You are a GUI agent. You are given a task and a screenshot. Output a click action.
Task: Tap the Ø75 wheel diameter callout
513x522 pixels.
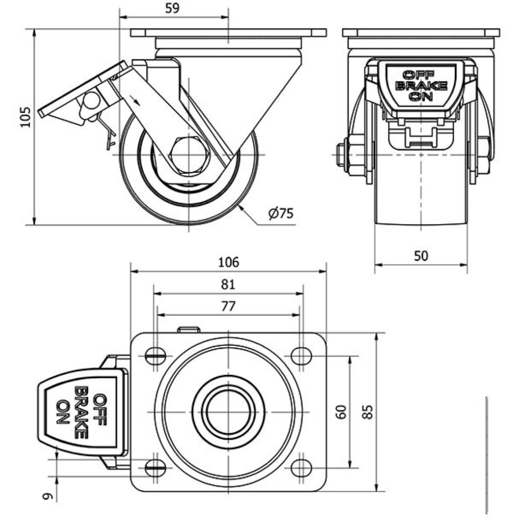[x=281, y=213]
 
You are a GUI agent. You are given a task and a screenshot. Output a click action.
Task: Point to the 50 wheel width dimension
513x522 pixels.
[x=421, y=256]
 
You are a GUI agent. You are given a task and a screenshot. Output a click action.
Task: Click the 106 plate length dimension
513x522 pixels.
[x=228, y=262]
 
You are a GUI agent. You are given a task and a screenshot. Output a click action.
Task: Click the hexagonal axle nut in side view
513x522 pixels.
[x=189, y=155]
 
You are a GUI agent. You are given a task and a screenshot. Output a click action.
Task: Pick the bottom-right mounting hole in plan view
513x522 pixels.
[x=300, y=467]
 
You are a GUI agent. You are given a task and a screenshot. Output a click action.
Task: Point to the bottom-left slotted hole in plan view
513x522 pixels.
[x=156, y=467]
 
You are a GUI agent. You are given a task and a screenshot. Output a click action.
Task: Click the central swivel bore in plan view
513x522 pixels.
[x=228, y=411]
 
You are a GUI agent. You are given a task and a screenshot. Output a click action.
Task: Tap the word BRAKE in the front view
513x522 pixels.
[x=421, y=86]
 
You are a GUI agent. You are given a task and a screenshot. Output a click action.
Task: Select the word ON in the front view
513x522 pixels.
[x=421, y=96]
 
